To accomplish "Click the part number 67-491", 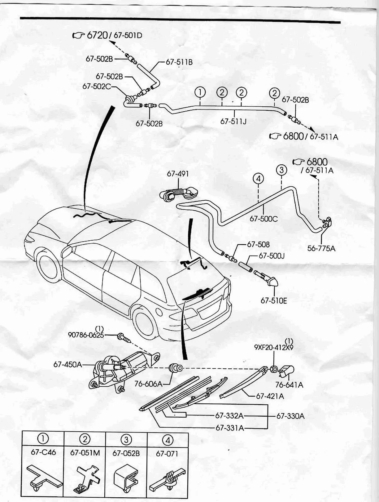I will tap(178, 174).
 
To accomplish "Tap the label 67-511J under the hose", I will tap(233, 121).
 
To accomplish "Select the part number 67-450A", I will tap(68, 364).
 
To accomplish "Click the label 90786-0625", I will tap(86, 335).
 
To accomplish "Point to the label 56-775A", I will tap(321, 248).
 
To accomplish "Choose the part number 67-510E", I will tap(274, 300).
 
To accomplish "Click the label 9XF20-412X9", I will tap(273, 347).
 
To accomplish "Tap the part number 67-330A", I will tap(290, 416).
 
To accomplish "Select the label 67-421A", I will tap(270, 396).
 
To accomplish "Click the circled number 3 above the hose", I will tap(281, 170).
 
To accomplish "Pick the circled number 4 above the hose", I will tap(258, 179).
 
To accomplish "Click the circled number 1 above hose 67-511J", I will tap(200, 92).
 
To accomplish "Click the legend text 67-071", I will tap(167, 454).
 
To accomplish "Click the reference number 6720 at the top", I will tap(97, 35).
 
